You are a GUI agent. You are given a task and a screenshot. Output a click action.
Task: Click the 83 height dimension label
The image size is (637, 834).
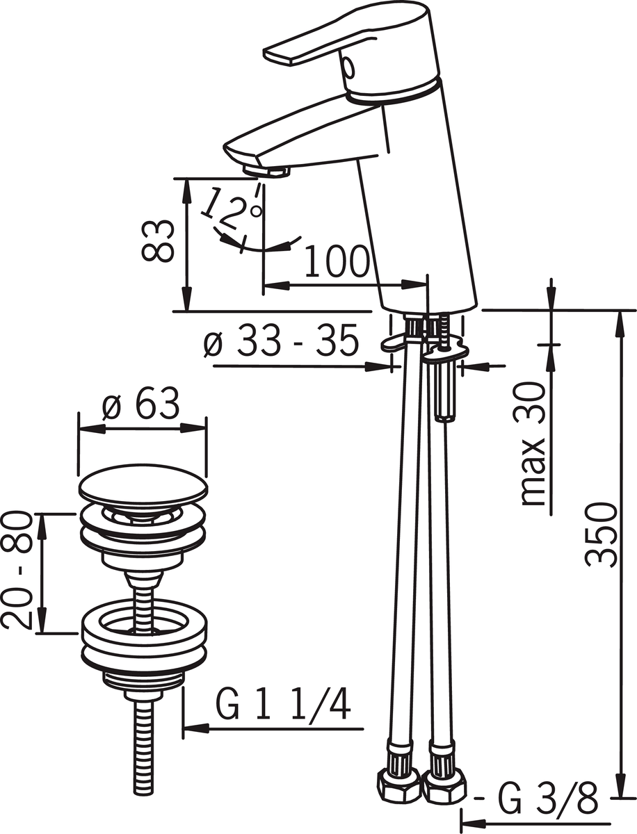click(x=158, y=241)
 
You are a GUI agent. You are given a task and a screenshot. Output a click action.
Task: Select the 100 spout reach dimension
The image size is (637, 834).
click(x=337, y=261)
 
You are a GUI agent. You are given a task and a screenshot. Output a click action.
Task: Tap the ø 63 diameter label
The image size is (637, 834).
click(x=140, y=404)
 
